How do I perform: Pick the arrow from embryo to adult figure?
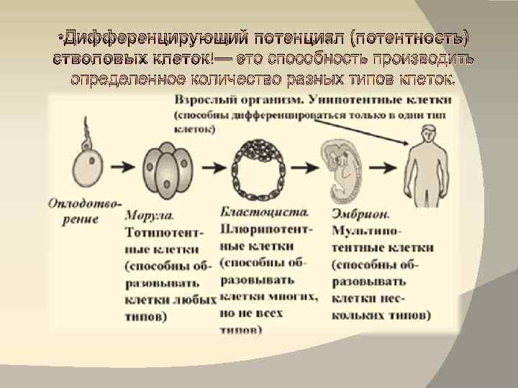388,166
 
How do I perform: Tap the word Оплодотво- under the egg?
85,203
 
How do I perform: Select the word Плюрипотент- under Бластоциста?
268,230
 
